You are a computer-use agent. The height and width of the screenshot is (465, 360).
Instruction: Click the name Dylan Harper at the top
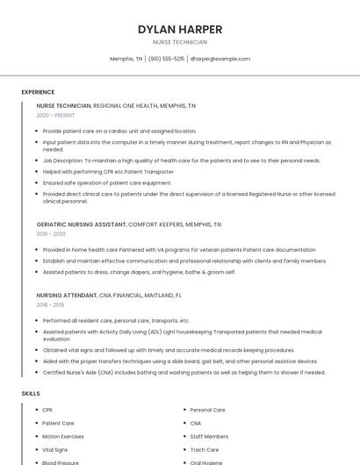[180, 29]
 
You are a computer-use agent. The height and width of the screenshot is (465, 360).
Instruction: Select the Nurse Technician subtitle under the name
[180, 42]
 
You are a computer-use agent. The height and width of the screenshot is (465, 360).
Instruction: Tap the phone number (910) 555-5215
[166, 59]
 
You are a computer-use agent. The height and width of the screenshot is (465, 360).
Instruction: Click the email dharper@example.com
[220, 59]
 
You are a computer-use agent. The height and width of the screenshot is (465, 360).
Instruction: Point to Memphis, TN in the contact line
[126, 59]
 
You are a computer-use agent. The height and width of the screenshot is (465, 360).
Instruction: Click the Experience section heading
[38, 92]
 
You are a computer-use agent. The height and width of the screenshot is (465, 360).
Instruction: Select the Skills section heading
[31, 393]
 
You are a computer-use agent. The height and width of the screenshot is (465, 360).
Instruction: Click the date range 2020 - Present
[55, 115]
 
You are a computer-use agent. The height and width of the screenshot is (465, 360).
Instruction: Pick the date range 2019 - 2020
[51, 234]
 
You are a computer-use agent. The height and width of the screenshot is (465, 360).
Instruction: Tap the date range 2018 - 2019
[51, 305]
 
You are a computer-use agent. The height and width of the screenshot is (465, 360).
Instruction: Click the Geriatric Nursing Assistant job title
[82, 225]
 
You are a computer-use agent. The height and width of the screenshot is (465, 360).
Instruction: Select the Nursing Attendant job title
[67, 296]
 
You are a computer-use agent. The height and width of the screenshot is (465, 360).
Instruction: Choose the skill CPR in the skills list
[47, 410]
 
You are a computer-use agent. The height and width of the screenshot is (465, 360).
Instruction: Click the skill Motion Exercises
[63, 436]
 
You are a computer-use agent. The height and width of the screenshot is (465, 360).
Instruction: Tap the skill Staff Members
[209, 436]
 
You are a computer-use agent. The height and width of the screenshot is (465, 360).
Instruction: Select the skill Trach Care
[204, 449]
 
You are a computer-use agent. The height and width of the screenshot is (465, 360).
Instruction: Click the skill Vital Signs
[56, 449]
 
